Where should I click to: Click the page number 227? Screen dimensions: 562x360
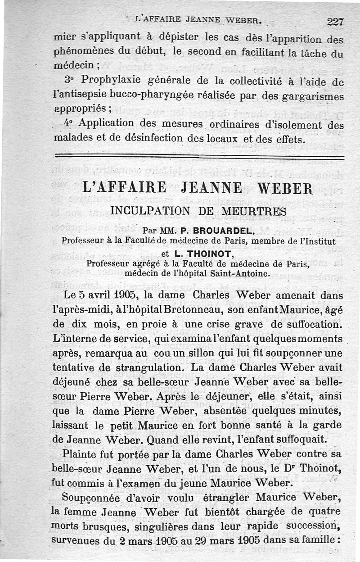tap(335, 21)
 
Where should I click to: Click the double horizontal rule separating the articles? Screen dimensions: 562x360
tap(198, 157)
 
